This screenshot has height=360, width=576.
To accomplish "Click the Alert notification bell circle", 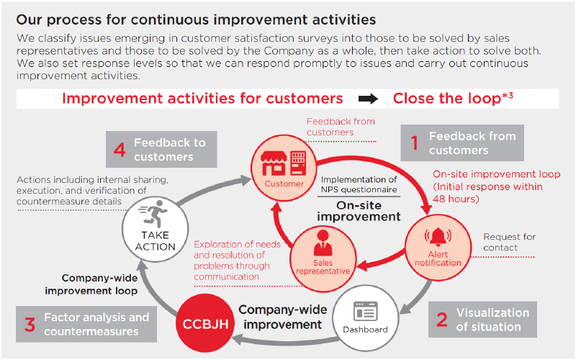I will click(438, 245).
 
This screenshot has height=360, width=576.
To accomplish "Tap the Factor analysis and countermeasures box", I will click(86, 324).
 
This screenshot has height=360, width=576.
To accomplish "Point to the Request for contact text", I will click(510, 242).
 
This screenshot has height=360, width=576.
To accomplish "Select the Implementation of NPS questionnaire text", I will click(359, 185).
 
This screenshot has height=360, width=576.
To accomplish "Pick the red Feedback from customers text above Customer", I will click(341, 127).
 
